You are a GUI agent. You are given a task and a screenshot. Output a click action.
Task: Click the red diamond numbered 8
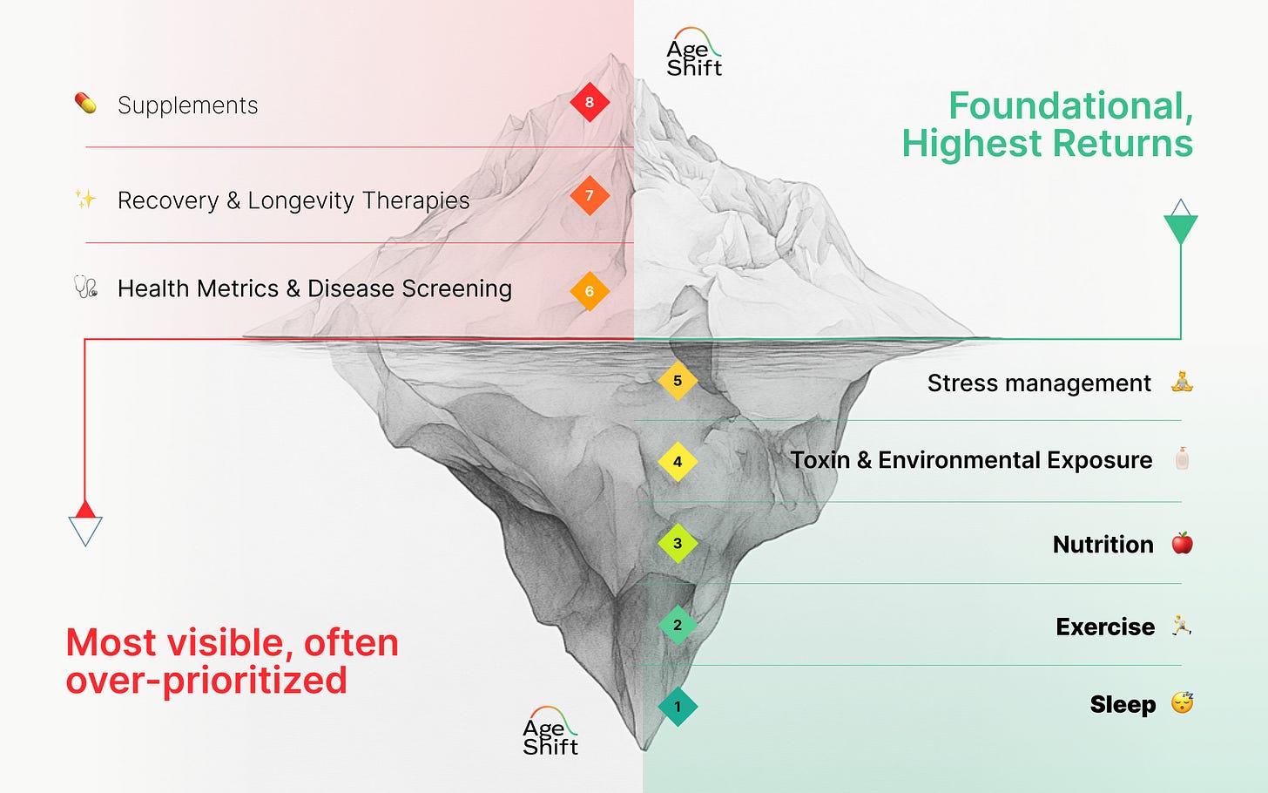pos(590,102)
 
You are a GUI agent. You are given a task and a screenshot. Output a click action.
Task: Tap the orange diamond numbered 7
pos(590,196)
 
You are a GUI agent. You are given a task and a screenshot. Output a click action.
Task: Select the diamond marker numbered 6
pos(590,291)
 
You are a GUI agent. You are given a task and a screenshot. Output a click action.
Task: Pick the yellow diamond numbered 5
pos(678,381)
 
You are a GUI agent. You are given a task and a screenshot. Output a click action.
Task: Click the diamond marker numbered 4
pos(678,462)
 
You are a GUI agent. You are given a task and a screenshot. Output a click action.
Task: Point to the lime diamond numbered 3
pos(678,543)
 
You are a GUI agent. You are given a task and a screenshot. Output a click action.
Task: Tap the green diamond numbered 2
pos(678,625)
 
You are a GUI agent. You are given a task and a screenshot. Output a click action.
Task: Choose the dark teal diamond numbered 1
pos(678,707)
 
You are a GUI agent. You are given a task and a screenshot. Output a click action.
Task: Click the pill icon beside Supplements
pos(85,104)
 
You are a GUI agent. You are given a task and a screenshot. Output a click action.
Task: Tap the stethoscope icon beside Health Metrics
pos(85,287)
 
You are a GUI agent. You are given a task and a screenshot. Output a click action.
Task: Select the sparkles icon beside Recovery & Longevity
pos(85,200)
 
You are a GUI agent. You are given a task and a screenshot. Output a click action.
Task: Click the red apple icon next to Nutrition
pos(1182,544)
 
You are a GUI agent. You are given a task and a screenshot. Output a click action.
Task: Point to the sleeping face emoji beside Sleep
pos(1182,702)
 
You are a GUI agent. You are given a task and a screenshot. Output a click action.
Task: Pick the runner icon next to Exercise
pos(1182,626)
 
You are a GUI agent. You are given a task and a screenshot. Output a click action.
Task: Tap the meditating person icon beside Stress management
pos(1182,382)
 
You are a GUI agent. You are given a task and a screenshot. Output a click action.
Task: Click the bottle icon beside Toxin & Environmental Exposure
pos(1182,458)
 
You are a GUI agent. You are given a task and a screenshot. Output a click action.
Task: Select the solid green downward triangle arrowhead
pos(1181,228)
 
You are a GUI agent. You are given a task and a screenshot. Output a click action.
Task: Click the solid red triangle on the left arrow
pos(85,510)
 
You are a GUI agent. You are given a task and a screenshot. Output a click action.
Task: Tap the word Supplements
pos(187,105)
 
